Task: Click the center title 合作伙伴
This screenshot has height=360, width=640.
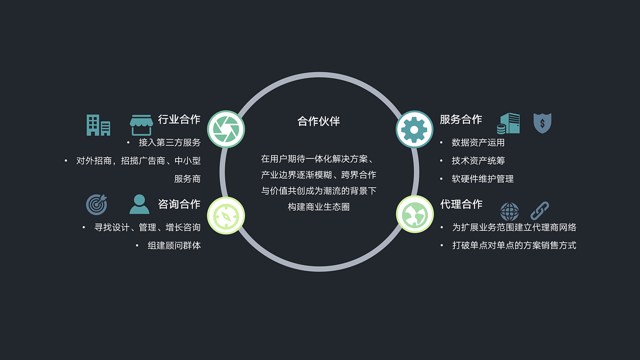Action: coord(319,121)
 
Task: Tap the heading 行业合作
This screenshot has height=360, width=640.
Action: coord(179,119)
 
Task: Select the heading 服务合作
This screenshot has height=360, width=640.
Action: coord(461,119)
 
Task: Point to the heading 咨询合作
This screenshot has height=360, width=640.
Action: coord(179,204)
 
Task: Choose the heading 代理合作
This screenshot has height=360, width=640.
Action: coord(461,204)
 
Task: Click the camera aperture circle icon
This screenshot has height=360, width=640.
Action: coord(226,129)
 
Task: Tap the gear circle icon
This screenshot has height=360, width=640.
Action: coord(414,129)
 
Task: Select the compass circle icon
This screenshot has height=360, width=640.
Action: coord(226,215)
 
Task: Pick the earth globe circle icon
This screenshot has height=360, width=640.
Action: coord(414,214)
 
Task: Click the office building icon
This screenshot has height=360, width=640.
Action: coord(98,125)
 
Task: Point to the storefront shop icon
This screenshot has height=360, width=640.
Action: coord(141,125)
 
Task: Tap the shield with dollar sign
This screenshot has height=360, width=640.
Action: coord(542,123)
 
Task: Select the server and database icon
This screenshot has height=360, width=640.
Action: coord(508,123)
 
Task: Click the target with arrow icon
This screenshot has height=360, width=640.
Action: coord(96,204)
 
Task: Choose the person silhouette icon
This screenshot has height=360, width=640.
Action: coord(139,204)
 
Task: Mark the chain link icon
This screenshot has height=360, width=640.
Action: coord(539,211)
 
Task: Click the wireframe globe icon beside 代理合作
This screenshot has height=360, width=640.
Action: coord(509,212)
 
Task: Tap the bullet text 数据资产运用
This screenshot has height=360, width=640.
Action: coord(478,143)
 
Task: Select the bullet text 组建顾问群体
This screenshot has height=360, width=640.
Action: coord(174,245)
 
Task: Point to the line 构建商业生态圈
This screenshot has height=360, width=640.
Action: coord(319,206)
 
